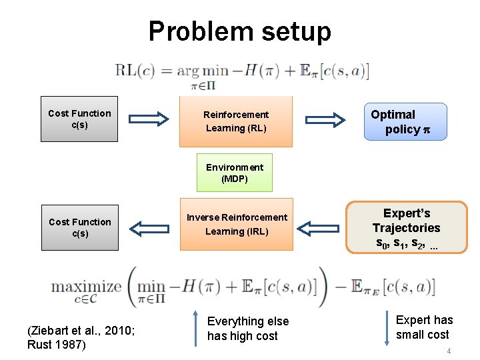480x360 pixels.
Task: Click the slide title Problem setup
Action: tap(239, 31)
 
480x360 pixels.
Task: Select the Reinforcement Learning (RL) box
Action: tap(236, 121)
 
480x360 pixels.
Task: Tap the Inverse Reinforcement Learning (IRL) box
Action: tap(237, 224)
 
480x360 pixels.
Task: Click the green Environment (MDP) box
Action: tap(234, 173)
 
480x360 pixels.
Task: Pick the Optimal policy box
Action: tap(405, 121)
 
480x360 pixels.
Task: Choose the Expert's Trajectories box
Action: tap(407, 228)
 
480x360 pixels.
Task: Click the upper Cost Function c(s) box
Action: tap(79, 119)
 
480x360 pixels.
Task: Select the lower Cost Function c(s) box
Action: tap(80, 227)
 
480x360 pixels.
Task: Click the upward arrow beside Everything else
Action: tap(194, 327)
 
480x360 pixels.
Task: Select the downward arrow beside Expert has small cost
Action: tap(387, 327)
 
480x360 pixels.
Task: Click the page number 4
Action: tap(449, 351)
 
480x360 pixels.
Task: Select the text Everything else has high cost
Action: tap(248, 328)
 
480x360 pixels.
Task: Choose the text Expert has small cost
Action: tap(424, 327)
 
